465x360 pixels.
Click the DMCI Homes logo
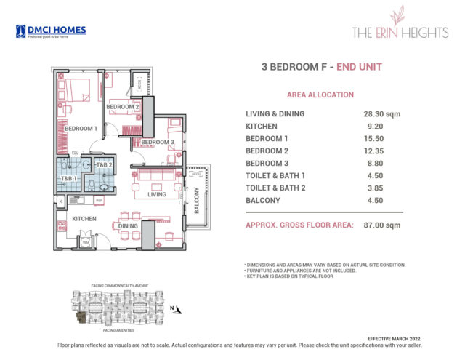(x=50, y=31)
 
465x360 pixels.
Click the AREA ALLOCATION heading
(x=320, y=95)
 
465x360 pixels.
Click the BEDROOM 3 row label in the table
(x=267, y=164)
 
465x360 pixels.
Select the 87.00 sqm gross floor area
(x=383, y=225)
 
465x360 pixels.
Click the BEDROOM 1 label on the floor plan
(x=81, y=129)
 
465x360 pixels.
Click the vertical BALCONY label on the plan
(x=196, y=199)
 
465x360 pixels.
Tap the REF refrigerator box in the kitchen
(x=100, y=199)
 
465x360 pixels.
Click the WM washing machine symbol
(x=86, y=242)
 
